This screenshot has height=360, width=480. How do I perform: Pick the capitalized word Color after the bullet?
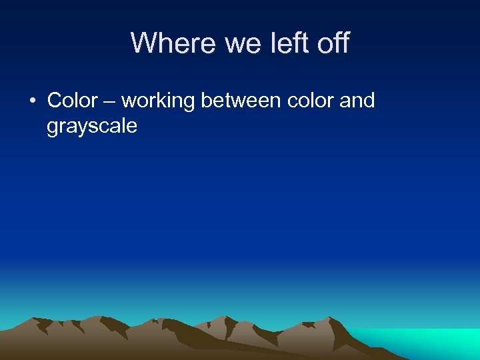click(x=72, y=101)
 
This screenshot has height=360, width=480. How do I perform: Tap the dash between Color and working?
click(x=109, y=101)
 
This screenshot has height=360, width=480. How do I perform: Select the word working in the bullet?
click(x=158, y=101)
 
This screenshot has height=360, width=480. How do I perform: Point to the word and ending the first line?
click(x=357, y=101)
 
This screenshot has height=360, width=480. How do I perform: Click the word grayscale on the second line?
click(x=92, y=127)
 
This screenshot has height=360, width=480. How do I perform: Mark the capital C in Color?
click(x=54, y=101)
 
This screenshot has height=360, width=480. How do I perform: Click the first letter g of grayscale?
click(x=53, y=128)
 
